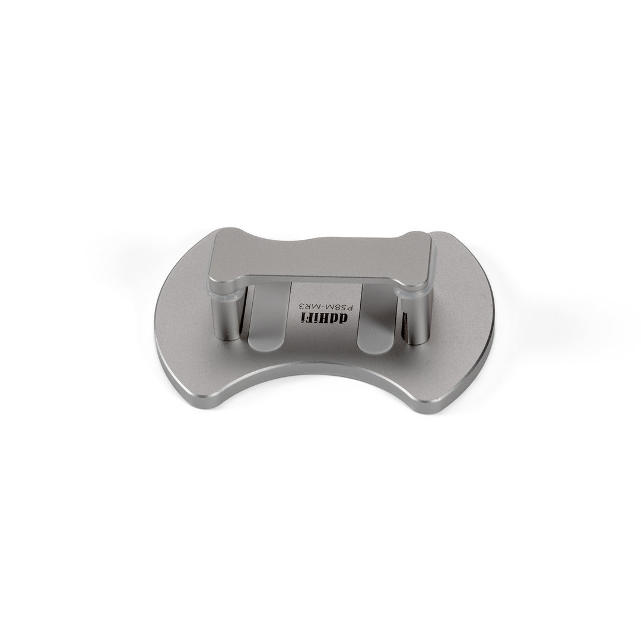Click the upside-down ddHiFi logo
(x=325, y=318)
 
